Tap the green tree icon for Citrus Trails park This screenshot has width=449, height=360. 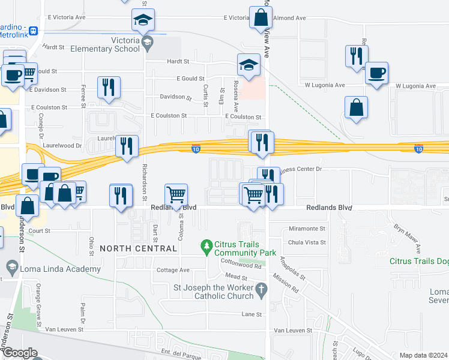pos(206,246)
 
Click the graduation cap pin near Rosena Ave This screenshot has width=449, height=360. pos(248,65)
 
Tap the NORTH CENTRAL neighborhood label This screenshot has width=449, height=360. pos(139,248)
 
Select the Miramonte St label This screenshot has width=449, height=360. pos(306,229)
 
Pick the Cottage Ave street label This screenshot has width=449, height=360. pos(173,271)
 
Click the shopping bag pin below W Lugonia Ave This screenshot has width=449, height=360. pos(356,109)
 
